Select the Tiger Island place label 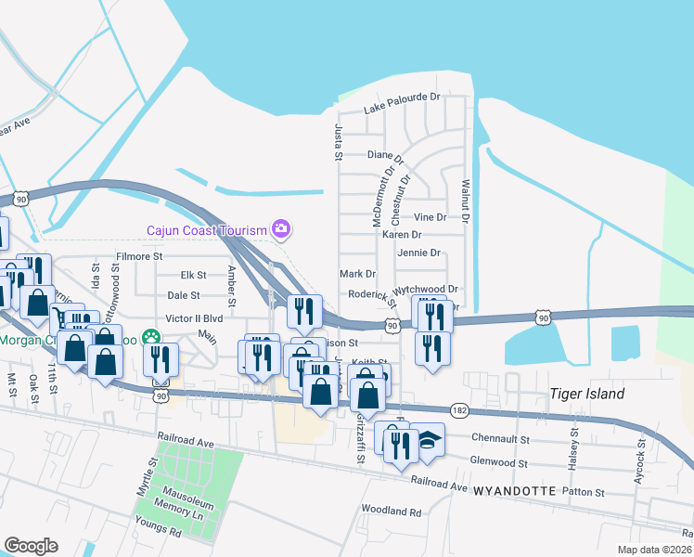[x=586, y=394]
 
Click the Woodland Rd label [x=391, y=511]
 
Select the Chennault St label [x=500, y=438]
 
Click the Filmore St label [x=139, y=255]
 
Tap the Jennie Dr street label [x=418, y=253]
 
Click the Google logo [x=32, y=545]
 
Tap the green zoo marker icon [x=149, y=339]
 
